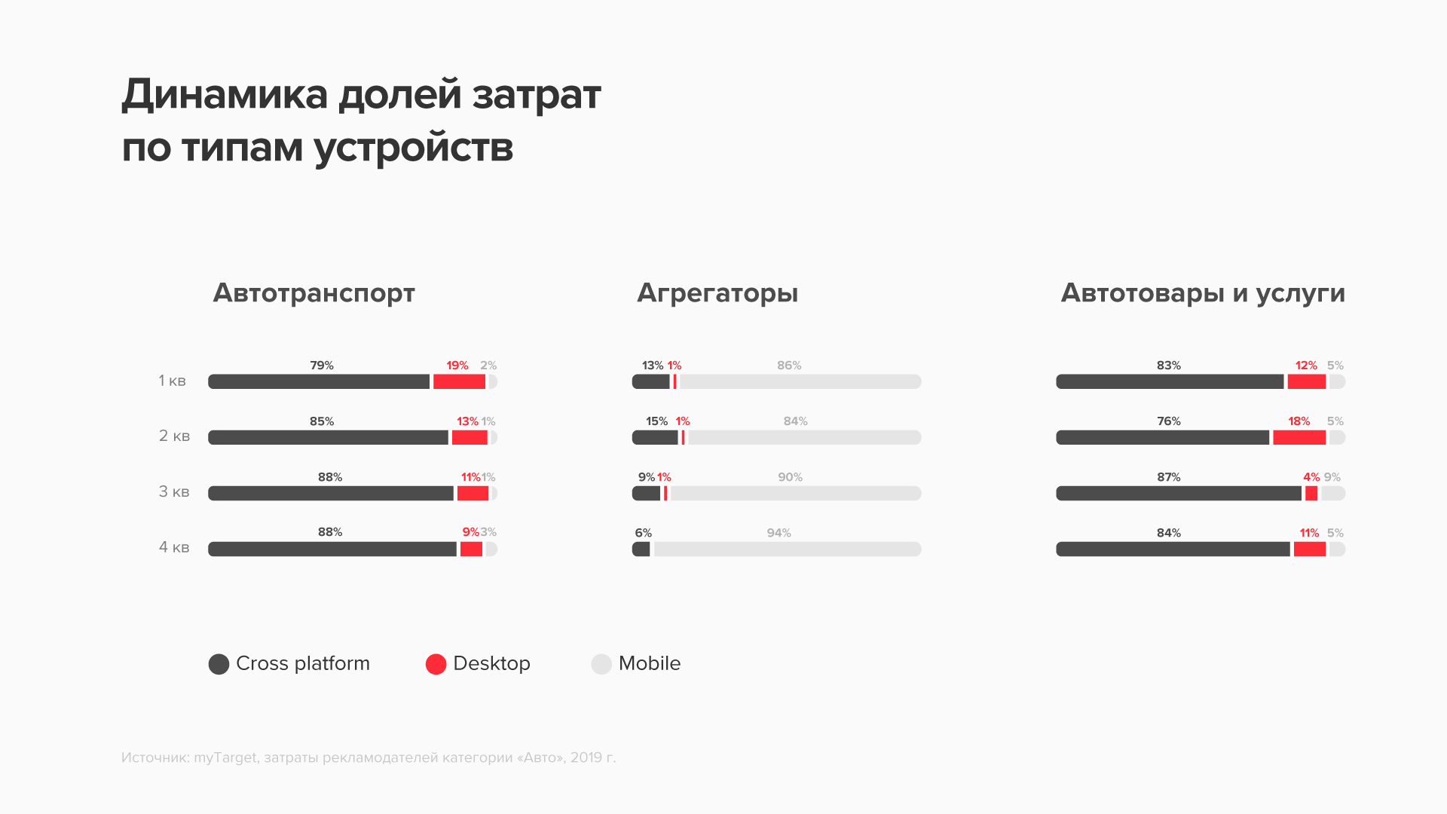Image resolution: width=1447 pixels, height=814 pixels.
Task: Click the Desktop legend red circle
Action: click(x=436, y=664)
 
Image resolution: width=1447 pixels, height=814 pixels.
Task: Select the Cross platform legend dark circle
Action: click(x=219, y=664)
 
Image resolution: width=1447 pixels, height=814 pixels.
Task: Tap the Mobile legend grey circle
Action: click(x=601, y=664)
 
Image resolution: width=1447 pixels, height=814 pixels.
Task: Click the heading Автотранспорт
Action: click(x=314, y=293)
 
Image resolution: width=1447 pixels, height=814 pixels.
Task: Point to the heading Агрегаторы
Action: click(x=717, y=293)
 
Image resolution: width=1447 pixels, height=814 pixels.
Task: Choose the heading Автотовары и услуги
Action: click(x=1202, y=293)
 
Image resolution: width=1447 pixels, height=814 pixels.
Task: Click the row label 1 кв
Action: click(x=172, y=381)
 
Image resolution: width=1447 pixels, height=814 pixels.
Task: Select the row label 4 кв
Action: click(x=173, y=547)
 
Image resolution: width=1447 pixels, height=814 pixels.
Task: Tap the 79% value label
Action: click(x=322, y=366)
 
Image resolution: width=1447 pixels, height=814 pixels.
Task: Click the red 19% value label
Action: click(x=457, y=366)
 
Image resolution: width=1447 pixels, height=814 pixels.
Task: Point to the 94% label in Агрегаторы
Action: click(x=779, y=533)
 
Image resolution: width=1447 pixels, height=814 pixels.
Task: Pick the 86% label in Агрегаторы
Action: click(x=789, y=366)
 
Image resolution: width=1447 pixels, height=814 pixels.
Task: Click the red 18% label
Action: click(x=1299, y=421)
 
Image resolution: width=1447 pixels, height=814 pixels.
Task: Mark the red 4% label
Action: click(x=1311, y=477)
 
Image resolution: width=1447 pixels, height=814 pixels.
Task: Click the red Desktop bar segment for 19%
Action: click(x=459, y=381)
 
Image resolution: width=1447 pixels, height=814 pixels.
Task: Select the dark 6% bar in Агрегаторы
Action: click(x=641, y=549)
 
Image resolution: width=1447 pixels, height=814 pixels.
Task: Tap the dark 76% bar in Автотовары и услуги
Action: click(x=1162, y=437)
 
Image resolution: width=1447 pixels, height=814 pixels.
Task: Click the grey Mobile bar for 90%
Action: click(x=795, y=493)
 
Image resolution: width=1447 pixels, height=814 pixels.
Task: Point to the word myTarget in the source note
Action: click(x=225, y=757)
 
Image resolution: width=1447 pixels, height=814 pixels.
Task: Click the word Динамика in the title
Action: click(x=225, y=96)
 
